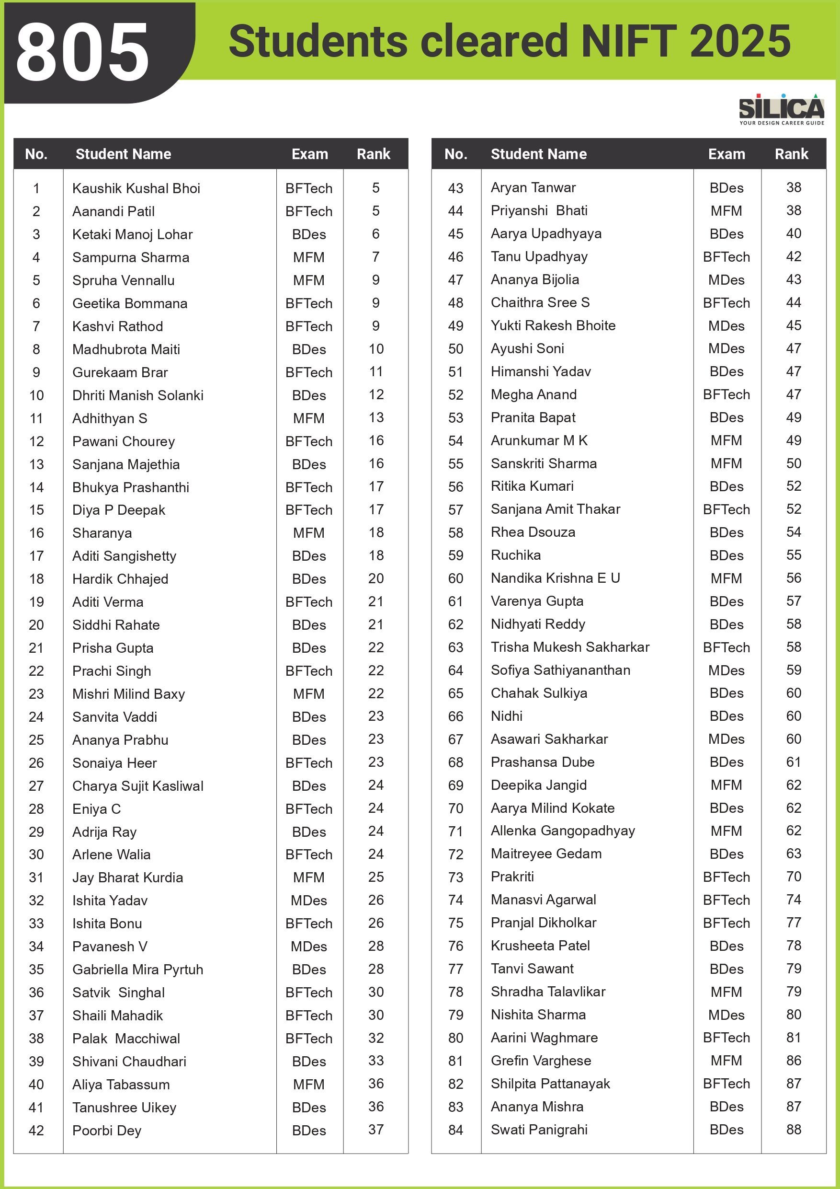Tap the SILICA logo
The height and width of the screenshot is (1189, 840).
[x=781, y=109]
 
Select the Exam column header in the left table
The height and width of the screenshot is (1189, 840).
[x=309, y=154]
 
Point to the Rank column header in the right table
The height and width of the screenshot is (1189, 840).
[x=791, y=154]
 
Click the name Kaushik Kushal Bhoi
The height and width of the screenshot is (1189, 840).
[x=136, y=188]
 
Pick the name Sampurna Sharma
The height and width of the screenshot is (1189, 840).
[x=130, y=257]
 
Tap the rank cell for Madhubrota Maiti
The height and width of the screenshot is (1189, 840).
[x=376, y=349]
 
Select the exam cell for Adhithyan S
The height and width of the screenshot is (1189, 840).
[x=308, y=418]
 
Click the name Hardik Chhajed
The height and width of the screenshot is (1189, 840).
[x=120, y=579]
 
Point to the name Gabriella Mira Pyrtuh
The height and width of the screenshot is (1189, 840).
[x=137, y=970]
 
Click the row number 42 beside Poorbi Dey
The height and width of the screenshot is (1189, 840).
[x=36, y=1131]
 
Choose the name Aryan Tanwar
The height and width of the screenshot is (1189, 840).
[x=533, y=187]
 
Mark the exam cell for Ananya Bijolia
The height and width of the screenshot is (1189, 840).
[x=726, y=280]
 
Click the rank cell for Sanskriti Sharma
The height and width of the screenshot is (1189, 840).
[x=794, y=463]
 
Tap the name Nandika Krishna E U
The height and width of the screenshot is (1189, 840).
[x=556, y=578]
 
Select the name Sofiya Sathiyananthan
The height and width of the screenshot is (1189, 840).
[x=560, y=670]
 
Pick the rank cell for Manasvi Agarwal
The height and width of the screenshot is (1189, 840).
[x=794, y=900]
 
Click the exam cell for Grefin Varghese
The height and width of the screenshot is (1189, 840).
[x=726, y=1061]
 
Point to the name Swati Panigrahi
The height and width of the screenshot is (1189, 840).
[x=539, y=1130]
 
